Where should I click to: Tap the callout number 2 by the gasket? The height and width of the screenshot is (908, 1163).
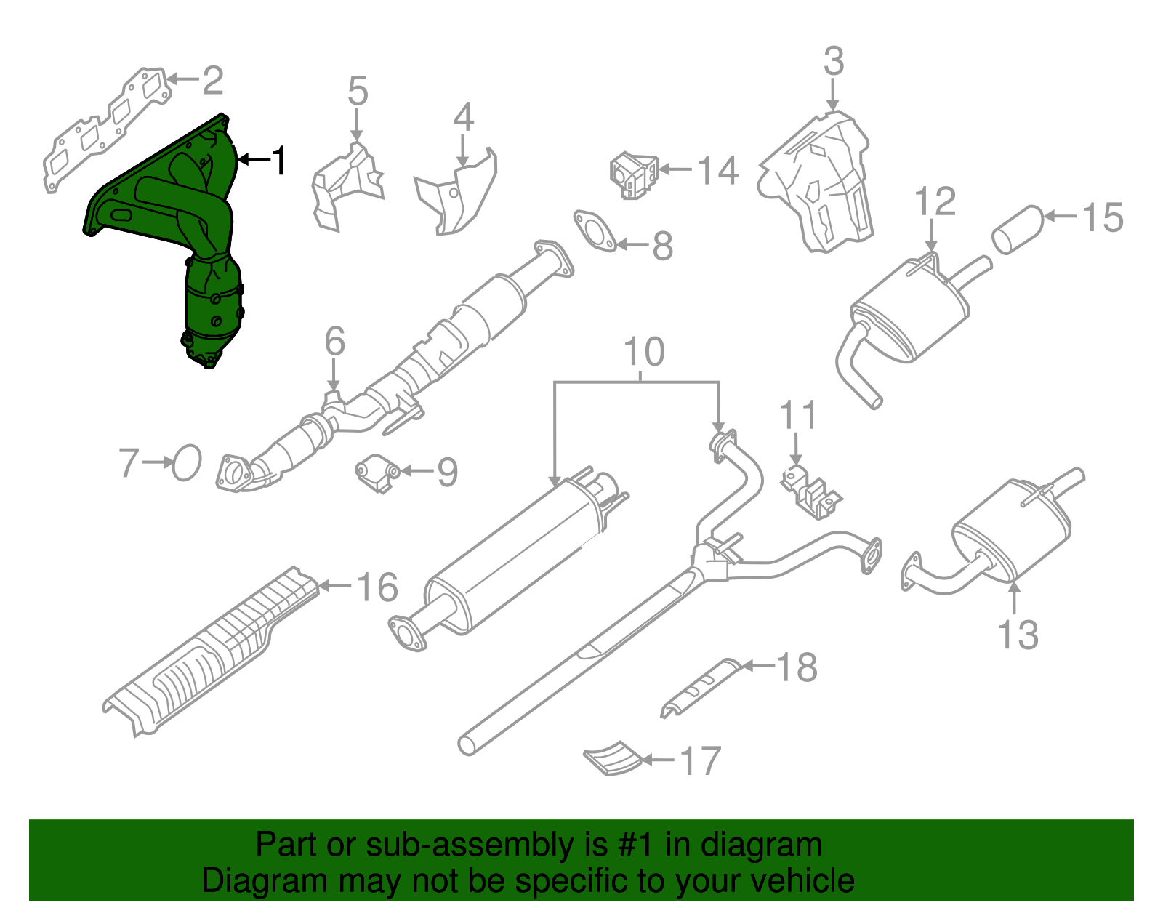click(212, 80)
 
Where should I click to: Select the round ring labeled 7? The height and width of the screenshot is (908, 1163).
click(186, 462)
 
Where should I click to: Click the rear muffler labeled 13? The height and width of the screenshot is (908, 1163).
click(1010, 531)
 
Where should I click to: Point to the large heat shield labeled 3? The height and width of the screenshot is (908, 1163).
click(818, 182)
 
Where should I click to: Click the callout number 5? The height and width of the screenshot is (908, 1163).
click(358, 92)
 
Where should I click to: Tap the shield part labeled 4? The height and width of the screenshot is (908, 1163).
click(458, 196)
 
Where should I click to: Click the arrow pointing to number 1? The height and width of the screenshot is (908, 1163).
click(254, 159)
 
